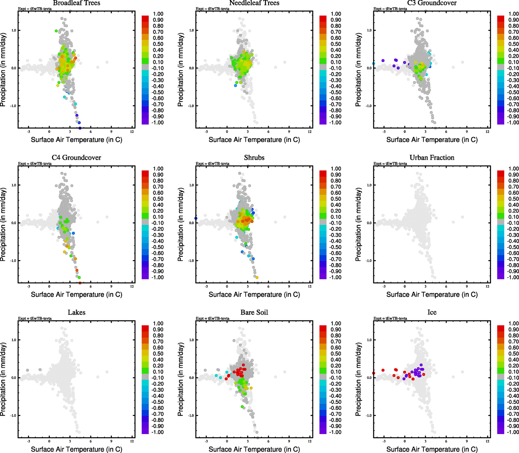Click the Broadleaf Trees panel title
point(76,3)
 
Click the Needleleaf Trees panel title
point(254,3)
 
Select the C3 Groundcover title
point(432,3)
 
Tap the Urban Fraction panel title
point(432,158)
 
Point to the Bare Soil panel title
point(254,313)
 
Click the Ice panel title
point(432,313)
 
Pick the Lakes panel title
point(76,313)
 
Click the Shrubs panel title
point(254,158)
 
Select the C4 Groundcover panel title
point(76,158)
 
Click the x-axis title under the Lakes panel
point(76,449)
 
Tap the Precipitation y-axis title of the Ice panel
point(358,379)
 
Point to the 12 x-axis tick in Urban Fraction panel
point(487,287)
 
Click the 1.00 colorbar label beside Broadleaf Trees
point(158,14)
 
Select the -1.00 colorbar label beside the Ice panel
point(513,432)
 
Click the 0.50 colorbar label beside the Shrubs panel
point(336,199)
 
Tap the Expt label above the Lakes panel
point(35,319)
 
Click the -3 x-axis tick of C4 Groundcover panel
point(29,287)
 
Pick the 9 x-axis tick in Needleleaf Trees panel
point(289,132)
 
